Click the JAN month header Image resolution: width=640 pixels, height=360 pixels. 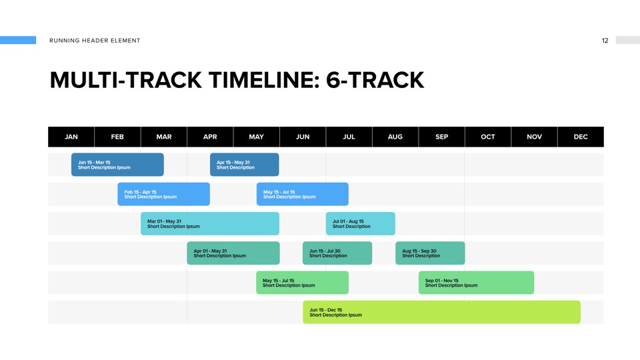click(x=71, y=137)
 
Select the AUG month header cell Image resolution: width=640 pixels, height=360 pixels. click(x=395, y=137)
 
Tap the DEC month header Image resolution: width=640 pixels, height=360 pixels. click(x=581, y=137)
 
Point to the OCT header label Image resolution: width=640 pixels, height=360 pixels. click(x=488, y=137)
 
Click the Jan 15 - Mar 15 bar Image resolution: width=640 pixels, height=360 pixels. click(x=117, y=165)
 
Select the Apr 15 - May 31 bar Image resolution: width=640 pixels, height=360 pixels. click(x=245, y=165)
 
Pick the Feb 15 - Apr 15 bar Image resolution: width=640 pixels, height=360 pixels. click(x=164, y=194)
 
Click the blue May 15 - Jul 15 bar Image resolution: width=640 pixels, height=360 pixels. click(x=303, y=194)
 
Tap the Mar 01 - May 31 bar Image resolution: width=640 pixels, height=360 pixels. click(x=210, y=223)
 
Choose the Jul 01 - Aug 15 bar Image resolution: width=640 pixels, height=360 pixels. click(x=361, y=223)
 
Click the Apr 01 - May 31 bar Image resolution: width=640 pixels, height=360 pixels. click(x=233, y=253)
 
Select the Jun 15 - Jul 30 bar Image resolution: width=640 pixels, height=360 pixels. click(x=337, y=253)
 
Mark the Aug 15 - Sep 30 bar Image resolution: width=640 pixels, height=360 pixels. click(x=430, y=253)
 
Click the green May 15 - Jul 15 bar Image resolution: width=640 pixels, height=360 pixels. click(x=303, y=283)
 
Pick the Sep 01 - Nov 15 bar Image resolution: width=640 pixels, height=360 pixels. click(x=476, y=283)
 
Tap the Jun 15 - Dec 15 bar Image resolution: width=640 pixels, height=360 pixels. click(x=441, y=312)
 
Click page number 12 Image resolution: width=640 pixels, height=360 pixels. click(x=605, y=41)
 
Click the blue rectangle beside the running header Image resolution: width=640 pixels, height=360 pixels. click(x=18, y=40)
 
